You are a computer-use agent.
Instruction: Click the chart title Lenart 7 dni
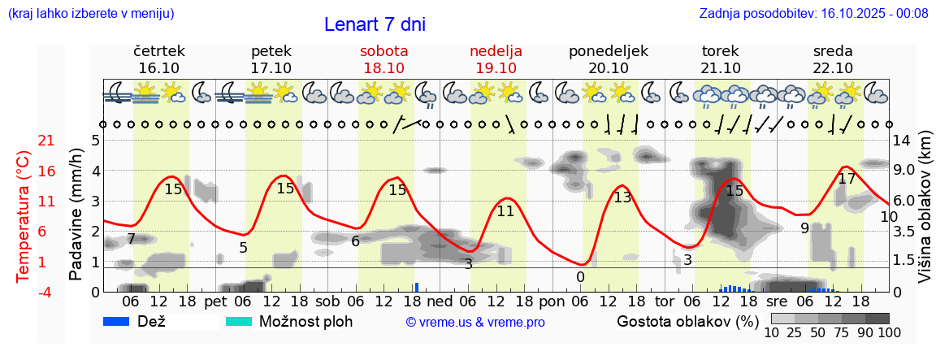(x=375, y=24)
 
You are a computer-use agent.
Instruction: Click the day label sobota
(x=383, y=51)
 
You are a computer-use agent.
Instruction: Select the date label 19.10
(x=496, y=68)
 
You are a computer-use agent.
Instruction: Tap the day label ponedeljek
(x=609, y=51)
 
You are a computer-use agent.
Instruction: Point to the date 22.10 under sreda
(x=833, y=68)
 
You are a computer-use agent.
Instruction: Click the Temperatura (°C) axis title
(x=24, y=215)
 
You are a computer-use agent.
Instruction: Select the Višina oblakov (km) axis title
(x=925, y=215)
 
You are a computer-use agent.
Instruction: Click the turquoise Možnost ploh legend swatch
(x=239, y=321)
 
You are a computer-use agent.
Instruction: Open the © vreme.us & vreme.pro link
(x=475, y=323)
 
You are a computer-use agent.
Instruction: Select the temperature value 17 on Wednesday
(x=847, y=179)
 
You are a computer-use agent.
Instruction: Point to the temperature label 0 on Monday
(x=580, y=277)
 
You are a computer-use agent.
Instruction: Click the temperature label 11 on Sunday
(x=505, y=211)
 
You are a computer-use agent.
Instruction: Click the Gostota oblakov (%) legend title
(x=687, y=321)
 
